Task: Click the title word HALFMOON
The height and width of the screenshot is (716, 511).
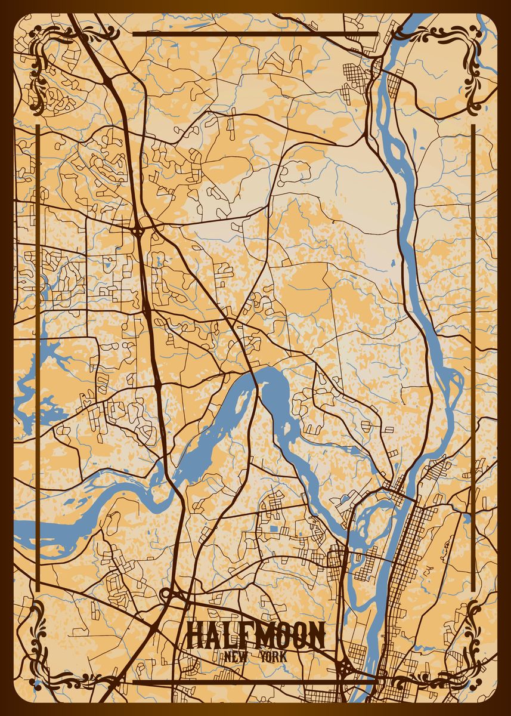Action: [256, 635]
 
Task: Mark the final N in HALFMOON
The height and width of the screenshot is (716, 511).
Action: [317, 635]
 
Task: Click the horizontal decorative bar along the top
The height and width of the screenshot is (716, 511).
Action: [255, 34]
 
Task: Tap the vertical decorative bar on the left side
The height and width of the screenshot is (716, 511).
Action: [38, 358]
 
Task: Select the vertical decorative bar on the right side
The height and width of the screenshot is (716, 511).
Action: [473, 358]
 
